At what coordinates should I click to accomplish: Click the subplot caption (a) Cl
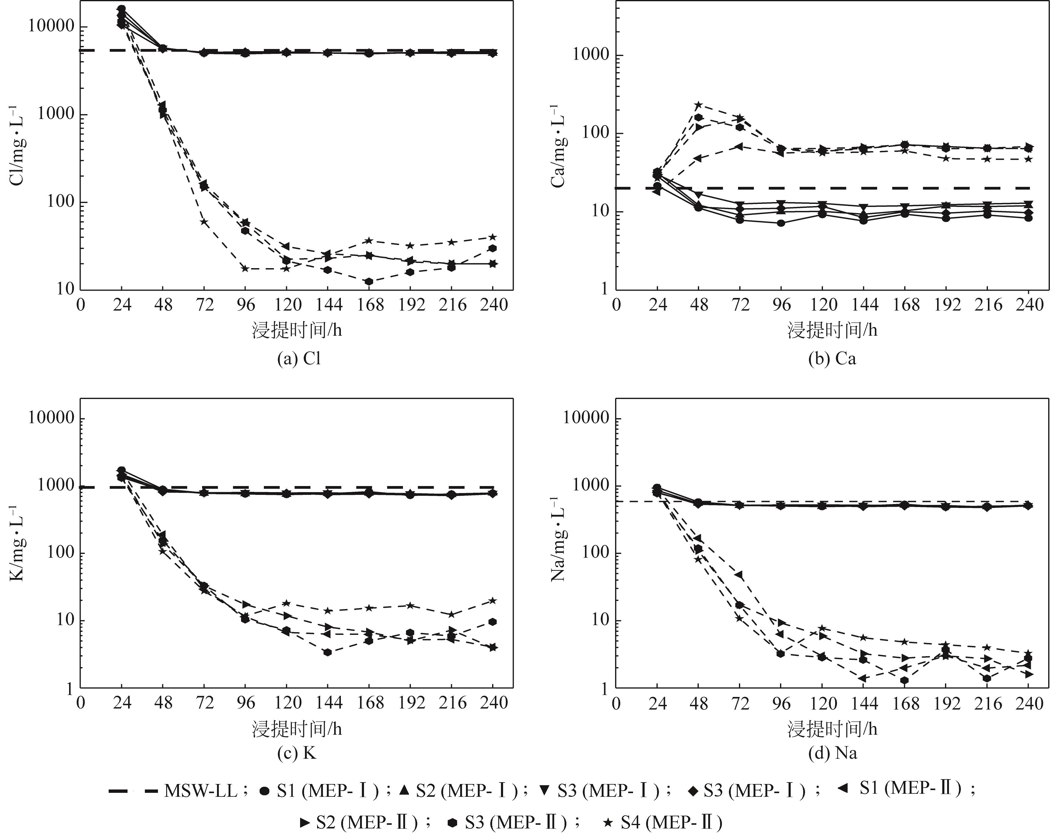[x=299, y=359]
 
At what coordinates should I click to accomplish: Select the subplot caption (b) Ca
[x=832, y=359]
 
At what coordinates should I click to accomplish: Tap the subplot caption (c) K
[x=297, y=753]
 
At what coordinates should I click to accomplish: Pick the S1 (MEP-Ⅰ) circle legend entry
[x=319, y=791]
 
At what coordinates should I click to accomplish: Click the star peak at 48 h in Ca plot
[x=698, y=105]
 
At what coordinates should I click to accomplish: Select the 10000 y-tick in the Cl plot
[x=50, y=26]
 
